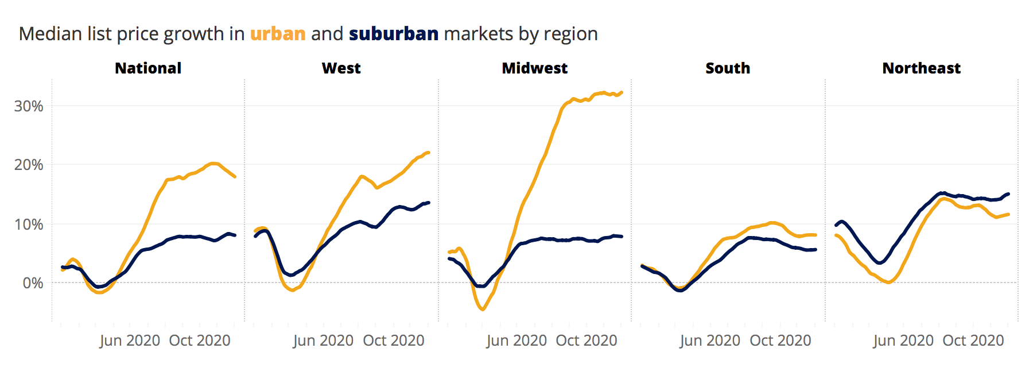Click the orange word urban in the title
278,34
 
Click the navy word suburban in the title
394,34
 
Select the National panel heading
148,68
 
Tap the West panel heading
341,68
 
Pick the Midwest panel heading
534,68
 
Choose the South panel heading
728,68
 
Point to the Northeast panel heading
921,68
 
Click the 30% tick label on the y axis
29,106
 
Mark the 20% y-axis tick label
29,165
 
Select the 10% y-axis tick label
29,225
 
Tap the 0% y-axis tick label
33,283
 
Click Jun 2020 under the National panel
130,341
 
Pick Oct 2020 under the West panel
394,341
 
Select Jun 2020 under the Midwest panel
516,341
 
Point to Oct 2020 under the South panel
780,341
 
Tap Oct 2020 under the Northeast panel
973,341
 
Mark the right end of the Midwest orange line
622,92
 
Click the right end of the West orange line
429,153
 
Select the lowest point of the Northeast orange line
888,283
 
